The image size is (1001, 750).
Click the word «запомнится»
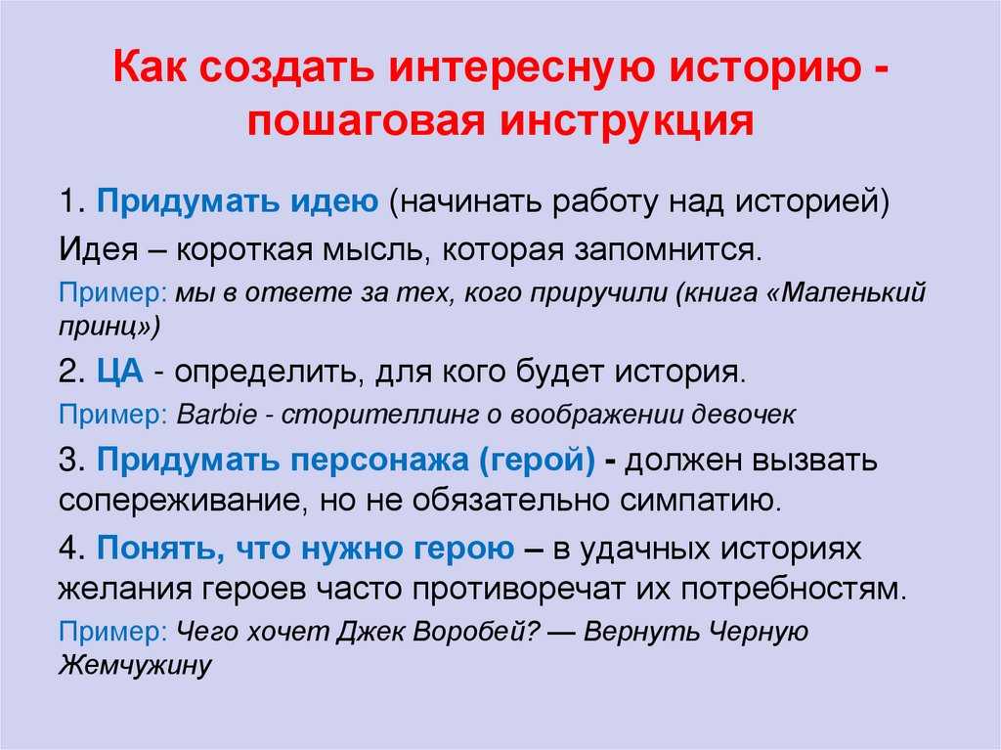click(x=668, y=250)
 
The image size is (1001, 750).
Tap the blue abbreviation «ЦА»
click(x=120, y=372)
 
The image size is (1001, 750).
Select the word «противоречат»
click(x=517, y=589)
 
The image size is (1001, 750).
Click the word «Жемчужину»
click(x=135, y=664)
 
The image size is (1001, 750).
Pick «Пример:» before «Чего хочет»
click(x=112, y=632)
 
